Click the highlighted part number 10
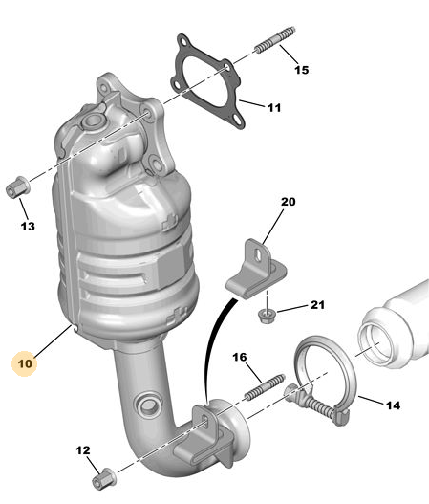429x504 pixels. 25,363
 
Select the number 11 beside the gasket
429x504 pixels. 274,108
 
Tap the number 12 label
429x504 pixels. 83,450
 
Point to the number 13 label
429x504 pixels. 28,227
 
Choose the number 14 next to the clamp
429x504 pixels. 393,405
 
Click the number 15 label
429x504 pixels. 302,70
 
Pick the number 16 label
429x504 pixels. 240,357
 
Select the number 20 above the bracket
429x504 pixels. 288,202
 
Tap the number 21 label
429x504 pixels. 317,305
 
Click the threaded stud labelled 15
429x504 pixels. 275,40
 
